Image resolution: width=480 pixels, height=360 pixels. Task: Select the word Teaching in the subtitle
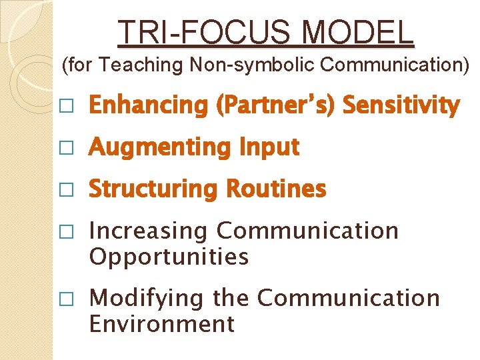pyautogui.click(x=144, y=65)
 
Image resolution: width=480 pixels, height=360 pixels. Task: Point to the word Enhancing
pyautogui.click(x=149, y=105)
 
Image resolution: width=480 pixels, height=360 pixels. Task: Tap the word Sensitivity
pyautogui.click(x=401, y=105)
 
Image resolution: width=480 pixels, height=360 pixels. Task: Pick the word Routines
pyautogui.click(x=276, y=189)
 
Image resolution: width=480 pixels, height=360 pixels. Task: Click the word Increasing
pyautogui.click(x=149, y=231)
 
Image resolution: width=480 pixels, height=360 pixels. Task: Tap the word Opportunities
pyautogui.click(x=169, y=257)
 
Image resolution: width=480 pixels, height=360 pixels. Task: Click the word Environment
pyautogui.click(x=162, y=323)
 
